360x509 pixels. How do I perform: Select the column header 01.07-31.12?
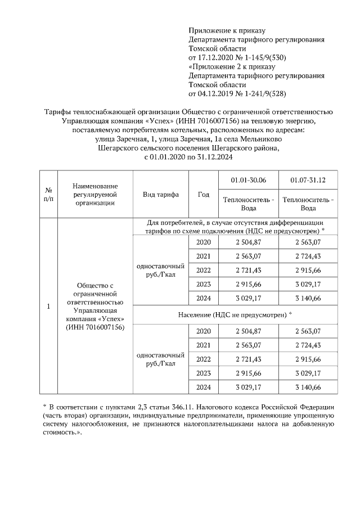pos(308,179)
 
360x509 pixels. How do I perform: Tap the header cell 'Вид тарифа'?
pos(161,194)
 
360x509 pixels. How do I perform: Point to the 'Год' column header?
pos(204,194)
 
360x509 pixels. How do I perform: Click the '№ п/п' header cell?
pos(48,194)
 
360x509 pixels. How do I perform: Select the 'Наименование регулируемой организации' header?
pos(95,194)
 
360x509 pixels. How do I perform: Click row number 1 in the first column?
pos(48,307)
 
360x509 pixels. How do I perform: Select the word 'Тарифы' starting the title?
pos(58,112)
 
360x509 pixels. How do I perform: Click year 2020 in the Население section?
pos(204,331)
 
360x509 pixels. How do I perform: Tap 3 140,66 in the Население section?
pos(308,388)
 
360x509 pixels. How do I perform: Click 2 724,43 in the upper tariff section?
pos(308,256)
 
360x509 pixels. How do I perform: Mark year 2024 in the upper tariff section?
pos(204,298)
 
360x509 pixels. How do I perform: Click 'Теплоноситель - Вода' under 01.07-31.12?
pos(308,204)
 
